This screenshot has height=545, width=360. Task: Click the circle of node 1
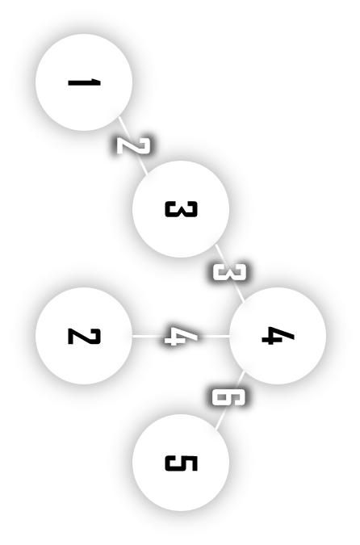coord(84,82)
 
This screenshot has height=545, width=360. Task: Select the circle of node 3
coord(181,209)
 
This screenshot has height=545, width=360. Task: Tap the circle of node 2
coord(84,336)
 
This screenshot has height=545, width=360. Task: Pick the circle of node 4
coord(278,336)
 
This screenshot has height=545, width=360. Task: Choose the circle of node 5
coord(181,463)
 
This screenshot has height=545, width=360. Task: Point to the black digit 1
coord(84,82)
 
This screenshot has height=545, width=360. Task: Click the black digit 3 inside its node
coord(181,209)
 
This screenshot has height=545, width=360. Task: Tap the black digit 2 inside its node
coord(84,336)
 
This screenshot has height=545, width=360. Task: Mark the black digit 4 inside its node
coord(278,336)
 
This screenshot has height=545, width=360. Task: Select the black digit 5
coord(181,463)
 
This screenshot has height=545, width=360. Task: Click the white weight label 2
coord(132,145)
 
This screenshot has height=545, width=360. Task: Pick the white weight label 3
coord(229,273)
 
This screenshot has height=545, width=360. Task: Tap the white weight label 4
coord(181,336)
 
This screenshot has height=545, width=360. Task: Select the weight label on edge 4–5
coord(229,397)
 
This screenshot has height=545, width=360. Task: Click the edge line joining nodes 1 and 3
coord(132,145)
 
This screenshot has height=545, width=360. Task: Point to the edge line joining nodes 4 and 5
coord(229,400)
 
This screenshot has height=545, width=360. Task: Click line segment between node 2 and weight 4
coord(149,336)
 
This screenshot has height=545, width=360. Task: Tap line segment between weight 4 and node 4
coord(213,336)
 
